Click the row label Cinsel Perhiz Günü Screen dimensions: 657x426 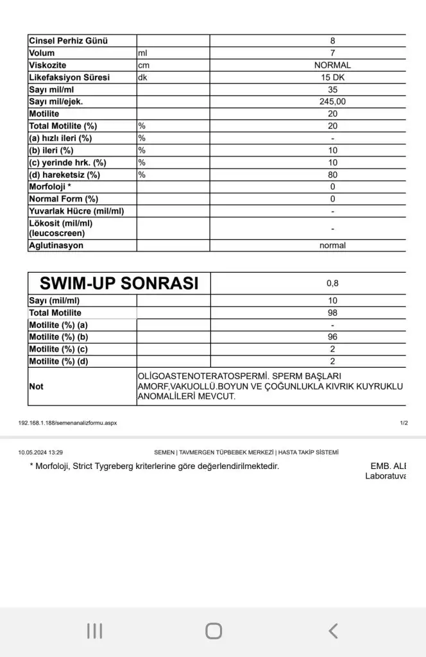(x=68, y=40)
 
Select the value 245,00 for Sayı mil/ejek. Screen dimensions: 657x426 (x=332, y=101)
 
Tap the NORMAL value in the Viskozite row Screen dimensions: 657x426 (x=332, y=65)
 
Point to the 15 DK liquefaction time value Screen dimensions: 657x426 (x=332, y=77)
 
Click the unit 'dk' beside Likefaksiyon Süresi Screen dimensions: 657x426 (x=142, y=77)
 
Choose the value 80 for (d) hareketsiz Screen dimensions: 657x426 (x=332, y=175)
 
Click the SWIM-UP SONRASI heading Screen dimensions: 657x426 (x=119, y=283)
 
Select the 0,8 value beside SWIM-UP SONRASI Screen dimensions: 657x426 (x=332, y=283)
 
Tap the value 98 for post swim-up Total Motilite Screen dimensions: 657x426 (x=332, y=312)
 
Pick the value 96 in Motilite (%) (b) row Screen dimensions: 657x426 (x=332, y=337)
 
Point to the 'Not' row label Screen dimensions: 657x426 (x=36, y=386)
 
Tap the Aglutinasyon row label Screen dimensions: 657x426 (x=56, y=245)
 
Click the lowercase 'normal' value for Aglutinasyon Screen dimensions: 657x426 (x=332, y=245)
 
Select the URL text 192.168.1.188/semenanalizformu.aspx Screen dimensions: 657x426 (x=67, y=423)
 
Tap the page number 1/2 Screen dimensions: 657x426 (x=404, y=423)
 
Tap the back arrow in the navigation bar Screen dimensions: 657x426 (x=332, y=631)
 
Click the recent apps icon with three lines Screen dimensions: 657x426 (x=94, y=631)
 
